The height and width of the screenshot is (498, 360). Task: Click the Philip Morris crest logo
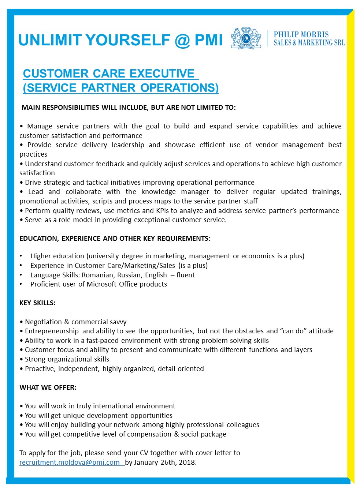[246, 38]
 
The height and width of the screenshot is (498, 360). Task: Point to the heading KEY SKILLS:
[37, 303]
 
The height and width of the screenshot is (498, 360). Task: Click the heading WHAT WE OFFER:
[48, 387]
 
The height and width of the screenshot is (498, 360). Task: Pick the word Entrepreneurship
[52, 331]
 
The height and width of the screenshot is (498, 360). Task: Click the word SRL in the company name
[339, 43]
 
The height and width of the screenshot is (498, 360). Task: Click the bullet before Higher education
[21, 256]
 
